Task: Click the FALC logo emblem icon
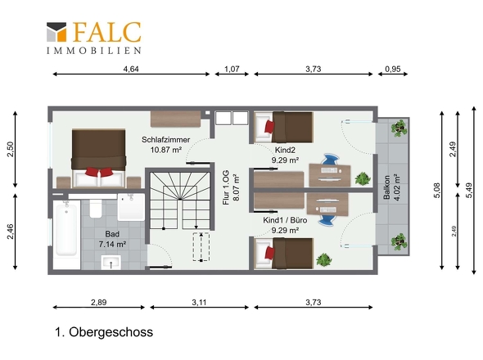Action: [56, 32]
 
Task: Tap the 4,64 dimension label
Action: [131, 69]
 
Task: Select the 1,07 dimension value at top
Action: [232, 69]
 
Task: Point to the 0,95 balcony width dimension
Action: [393, 69]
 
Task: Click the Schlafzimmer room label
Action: [165, 140]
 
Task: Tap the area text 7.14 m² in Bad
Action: [112, 244]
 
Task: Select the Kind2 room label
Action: [285, 150]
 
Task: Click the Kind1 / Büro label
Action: [285, 220]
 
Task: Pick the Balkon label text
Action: [387, 187]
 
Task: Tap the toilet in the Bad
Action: [96, 209]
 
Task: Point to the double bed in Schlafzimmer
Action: [98, 158]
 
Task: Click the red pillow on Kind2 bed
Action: [269, 126]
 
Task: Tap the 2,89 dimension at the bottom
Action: [98, 303]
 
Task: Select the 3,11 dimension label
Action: [199, 303]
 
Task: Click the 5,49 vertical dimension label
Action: [468, 191]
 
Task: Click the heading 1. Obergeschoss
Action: [104, 332]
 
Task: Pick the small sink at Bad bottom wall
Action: [111, 262]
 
